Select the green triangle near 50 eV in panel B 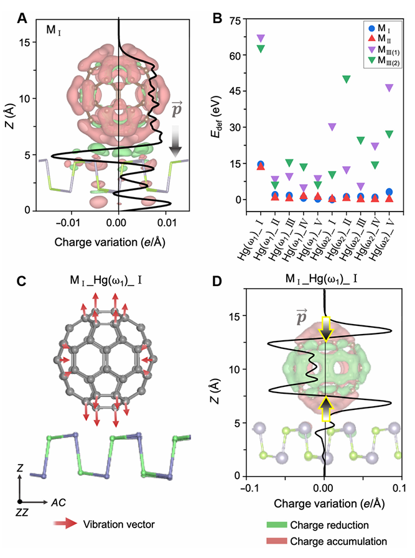click(347, 79)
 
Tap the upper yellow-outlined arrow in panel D click(325, 328)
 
